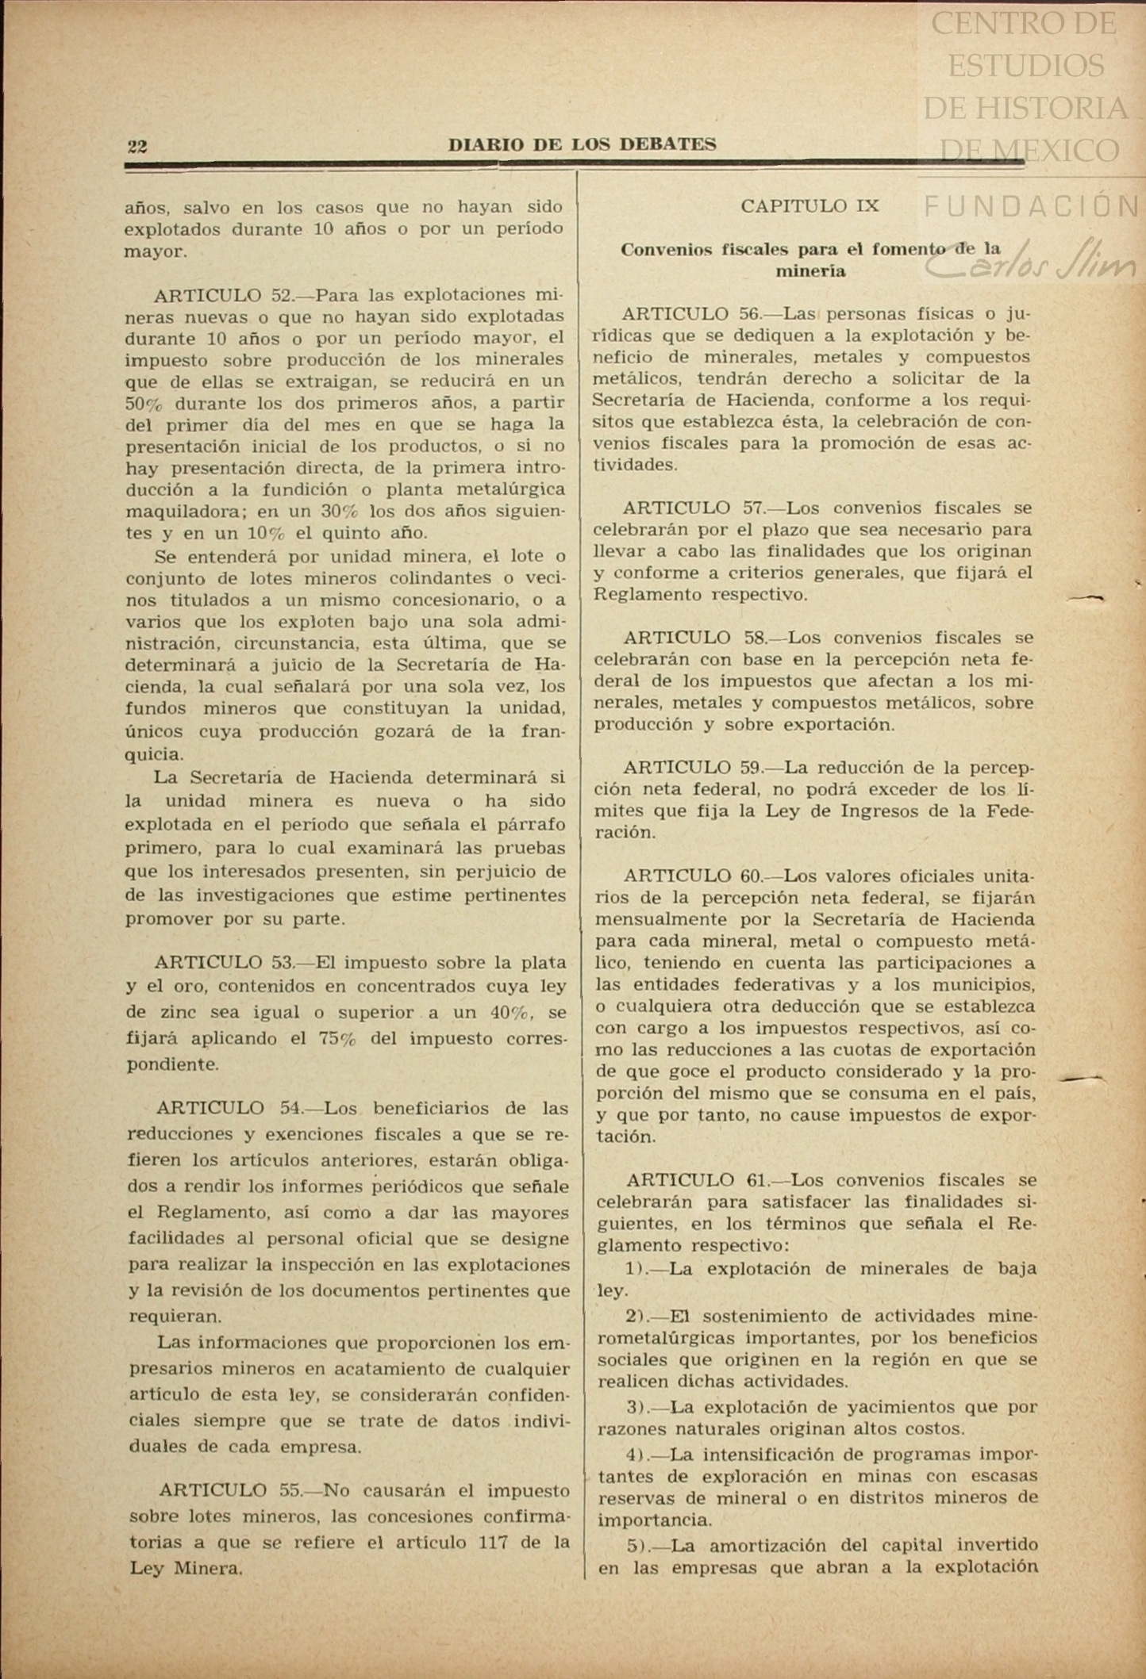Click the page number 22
(137, 146)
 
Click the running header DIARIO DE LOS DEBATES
(582, 144)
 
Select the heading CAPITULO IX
(810, 206)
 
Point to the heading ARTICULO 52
(223, 295)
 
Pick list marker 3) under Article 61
(636, 1407)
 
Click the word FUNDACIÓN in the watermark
(1032, 206)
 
